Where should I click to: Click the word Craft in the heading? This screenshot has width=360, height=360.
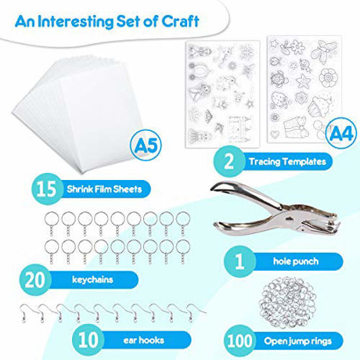coord(180,22)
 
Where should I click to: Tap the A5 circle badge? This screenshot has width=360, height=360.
coord(145,145)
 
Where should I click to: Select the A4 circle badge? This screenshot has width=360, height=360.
coord(341,134)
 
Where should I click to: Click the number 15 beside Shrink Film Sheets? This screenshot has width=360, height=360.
coord(46,189)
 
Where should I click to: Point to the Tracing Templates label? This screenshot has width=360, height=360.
coord(287,162)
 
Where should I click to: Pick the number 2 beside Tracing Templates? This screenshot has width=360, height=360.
coord(229,162)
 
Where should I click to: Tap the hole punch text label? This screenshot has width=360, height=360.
coord(296,261)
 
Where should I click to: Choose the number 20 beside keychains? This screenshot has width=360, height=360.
coord(35,280)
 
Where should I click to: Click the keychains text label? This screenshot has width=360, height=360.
coord(92,279)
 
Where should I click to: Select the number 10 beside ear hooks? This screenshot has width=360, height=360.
coord(88,340)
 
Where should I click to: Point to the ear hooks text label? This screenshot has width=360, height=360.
coord(144,340)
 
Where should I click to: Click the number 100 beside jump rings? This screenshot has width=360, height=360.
coord(240,340)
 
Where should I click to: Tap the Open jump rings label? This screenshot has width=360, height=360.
coord(298,341)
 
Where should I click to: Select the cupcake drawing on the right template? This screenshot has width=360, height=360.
coord(319,106)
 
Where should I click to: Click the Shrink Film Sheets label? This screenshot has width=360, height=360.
coord(105,189)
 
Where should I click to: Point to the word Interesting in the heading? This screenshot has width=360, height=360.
coord(75,22)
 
